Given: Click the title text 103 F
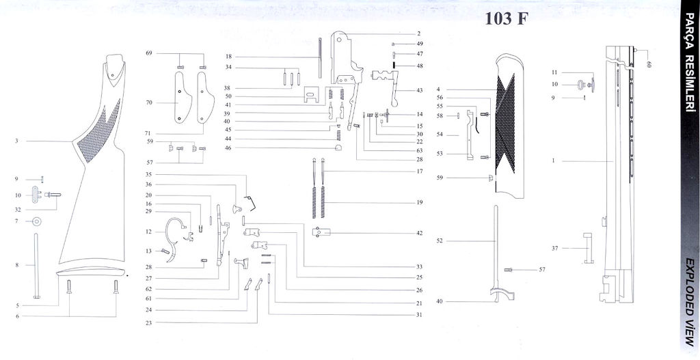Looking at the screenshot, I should [507, 18].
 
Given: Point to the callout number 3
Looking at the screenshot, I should [15, 141].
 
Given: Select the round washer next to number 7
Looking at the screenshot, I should [36, 221].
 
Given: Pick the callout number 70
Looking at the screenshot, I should [149, 102].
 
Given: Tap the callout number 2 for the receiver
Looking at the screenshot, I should [419, 33].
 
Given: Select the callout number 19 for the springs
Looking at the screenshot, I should [419, 203].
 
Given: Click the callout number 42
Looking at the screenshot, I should [419, 233].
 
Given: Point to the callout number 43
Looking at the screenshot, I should [419, 90].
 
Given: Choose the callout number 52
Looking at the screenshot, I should [440, 240].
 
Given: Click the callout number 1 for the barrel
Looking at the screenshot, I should [553, 161].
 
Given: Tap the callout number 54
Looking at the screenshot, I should [440, 135].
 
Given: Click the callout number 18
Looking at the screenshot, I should [229, 56].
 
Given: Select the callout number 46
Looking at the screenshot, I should [228, 148].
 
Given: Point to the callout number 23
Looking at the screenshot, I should [148, 322].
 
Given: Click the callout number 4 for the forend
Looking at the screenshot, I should [438, 89].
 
